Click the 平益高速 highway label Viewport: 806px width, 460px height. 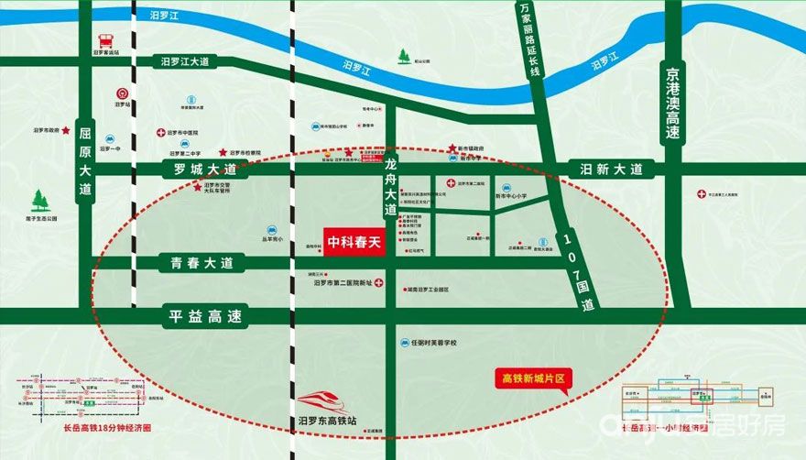point(204,317)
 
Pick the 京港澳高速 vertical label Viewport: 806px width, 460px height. point(674,102)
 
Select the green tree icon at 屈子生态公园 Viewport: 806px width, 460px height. point(40,200)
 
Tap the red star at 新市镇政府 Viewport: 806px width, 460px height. point(452,148)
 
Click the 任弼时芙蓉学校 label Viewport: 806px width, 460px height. point(433,343)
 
